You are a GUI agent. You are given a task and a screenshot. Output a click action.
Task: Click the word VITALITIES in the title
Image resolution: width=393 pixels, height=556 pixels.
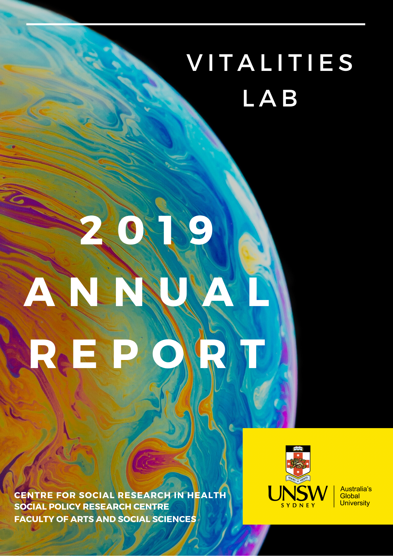tap(270, 63)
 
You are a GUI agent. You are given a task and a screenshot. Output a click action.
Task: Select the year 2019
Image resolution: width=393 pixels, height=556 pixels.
tap(147, 230)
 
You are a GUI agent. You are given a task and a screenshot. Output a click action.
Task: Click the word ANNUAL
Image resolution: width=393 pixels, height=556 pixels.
tap(146, 292)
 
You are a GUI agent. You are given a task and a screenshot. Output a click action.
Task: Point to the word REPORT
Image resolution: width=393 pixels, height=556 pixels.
tap(147, 354)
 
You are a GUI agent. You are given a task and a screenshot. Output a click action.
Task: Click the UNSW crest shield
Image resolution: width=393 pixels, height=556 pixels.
tap(298, 463)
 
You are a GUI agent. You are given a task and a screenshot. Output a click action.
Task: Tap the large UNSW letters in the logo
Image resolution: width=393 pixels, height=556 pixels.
tap(298, 493)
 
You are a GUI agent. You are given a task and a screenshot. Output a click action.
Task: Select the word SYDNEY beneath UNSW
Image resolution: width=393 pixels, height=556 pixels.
tap(298, 505)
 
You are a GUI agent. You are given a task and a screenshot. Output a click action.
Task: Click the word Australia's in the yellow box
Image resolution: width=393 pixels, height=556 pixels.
tap(356, 489)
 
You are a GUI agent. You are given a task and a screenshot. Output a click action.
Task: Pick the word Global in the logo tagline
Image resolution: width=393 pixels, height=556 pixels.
tap(350, 496)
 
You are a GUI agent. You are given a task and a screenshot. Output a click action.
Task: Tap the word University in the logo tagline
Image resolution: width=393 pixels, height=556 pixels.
tap(355, 503)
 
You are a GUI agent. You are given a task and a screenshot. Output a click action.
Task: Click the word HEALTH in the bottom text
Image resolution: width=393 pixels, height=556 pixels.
tap(207, 495)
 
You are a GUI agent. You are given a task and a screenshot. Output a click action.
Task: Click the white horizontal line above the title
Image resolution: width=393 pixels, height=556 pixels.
tap(196, 24)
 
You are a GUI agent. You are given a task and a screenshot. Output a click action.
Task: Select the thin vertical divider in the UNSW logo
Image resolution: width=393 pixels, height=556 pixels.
tap(334, 497)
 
